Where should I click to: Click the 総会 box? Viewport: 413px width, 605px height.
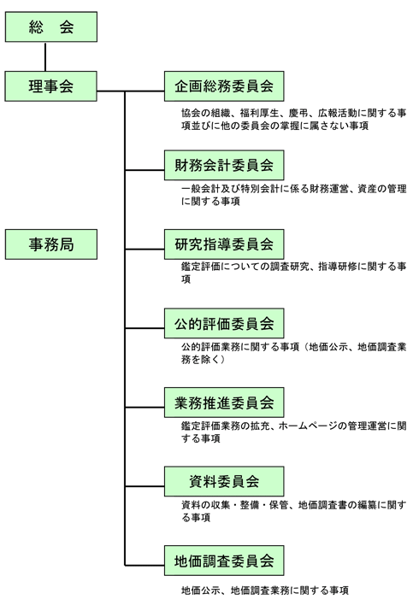pyautogui.click(x=51, y=26)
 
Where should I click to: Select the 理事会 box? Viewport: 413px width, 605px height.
pyautogui.click(x=51, y=86)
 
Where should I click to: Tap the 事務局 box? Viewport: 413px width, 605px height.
pyautogui.click(x=51, y=244)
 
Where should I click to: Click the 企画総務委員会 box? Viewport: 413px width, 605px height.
pyautogui.click(x=224, y=86)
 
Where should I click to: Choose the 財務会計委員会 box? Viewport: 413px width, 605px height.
pyautogui.click(x=224, y=165)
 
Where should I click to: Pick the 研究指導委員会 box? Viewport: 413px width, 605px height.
pyautogui.click(x=224, y=244)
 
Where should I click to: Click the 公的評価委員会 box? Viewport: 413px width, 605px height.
pyautogui.click(x=224, y=323)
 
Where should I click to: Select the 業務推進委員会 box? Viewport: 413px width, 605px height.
pyautogui.click(x=224, y=402)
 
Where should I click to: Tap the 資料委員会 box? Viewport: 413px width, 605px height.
pyautogui.click(x=224, y=481)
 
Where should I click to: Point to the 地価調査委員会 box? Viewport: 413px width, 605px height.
pyautogui.click(x=224, y=561)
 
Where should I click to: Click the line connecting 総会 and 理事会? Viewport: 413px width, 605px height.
pyautogui.click(x=45, y=56)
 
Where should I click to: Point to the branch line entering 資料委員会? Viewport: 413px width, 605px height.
pyautogui.click(x=145, y=486)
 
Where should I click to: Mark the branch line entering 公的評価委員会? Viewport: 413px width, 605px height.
pyautogui.click(x=145, y=328)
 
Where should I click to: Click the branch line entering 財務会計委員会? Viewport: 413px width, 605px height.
pyautogui.click(x=145, y=170)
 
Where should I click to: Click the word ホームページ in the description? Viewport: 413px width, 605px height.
pyautogui.click(x=308, y=426)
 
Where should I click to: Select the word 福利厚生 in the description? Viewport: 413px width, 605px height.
pyautogui.click(x=259, y=113)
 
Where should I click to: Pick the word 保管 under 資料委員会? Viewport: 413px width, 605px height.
pyautogui.click(x=279, y=505)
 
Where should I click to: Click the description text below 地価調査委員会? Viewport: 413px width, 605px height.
pyautogui.click(x=265, y=590)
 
